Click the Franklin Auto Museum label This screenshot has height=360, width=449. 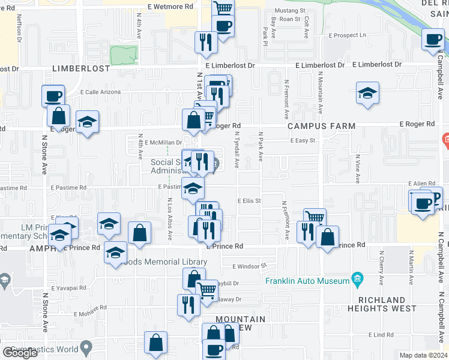(x=307, y=281)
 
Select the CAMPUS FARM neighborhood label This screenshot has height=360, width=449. (x=321, y=126)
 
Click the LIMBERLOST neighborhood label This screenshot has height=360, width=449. (x=81, y=68)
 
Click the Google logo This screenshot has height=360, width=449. (x=20, y=353)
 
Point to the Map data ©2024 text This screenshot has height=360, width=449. (x=423, y=355)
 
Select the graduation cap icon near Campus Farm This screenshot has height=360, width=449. (x=367, y=94)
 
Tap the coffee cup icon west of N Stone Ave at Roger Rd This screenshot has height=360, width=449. (x=53, y=96)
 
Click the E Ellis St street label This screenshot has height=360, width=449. (x=249, y=201)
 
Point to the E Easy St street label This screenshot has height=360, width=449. (x=303, y=140)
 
